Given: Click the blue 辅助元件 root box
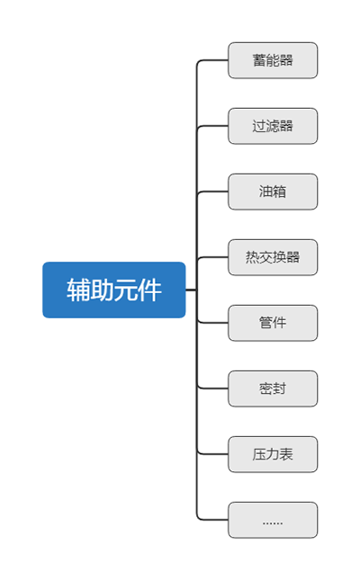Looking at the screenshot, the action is (x=114, y=290).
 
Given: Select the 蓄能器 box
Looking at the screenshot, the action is (x=273, y=60).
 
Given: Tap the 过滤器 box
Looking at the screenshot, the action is (x=273, y=126).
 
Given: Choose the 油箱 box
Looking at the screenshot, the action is (x=273, y=192).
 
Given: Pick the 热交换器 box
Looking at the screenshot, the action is (x=273, y=257).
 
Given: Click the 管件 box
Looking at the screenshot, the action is (x=273, y=323).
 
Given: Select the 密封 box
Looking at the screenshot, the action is (x=273, y=388).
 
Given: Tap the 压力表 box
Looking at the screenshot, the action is (x=273, y=454).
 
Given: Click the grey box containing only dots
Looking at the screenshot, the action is (x=273, y=520).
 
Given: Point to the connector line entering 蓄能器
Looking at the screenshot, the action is (x=212, y=60).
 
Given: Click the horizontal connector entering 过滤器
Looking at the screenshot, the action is (x=212, y=126).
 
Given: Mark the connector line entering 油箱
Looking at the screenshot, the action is (x=212, y=192).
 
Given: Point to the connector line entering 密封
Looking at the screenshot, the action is (x=212, y=388).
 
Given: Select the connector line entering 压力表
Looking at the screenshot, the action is (x=212, y=454).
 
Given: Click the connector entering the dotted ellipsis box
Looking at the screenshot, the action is (x=212, y=520).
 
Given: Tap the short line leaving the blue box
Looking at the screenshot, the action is (x=191, y=290).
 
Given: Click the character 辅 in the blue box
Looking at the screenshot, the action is (x=78, y=290).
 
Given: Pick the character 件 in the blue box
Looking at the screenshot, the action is (x=149, y=290).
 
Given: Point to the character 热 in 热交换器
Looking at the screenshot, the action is (x=252, y=257).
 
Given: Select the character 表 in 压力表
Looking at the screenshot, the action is (x=286, y=454).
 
